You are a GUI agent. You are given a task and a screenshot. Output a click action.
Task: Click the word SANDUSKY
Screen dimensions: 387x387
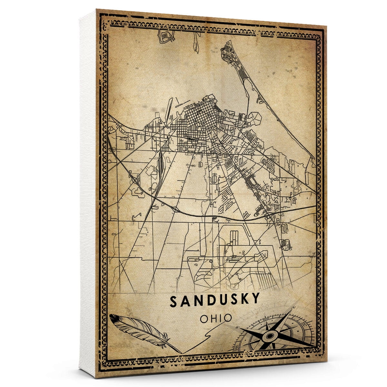[215, 300]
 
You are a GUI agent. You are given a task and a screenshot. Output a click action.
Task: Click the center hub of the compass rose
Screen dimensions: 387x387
[269, 336]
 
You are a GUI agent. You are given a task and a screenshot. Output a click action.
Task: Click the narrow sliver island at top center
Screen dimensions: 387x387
[196, 42]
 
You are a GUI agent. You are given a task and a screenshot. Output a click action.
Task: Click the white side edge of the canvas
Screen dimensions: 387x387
[87, 193]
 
